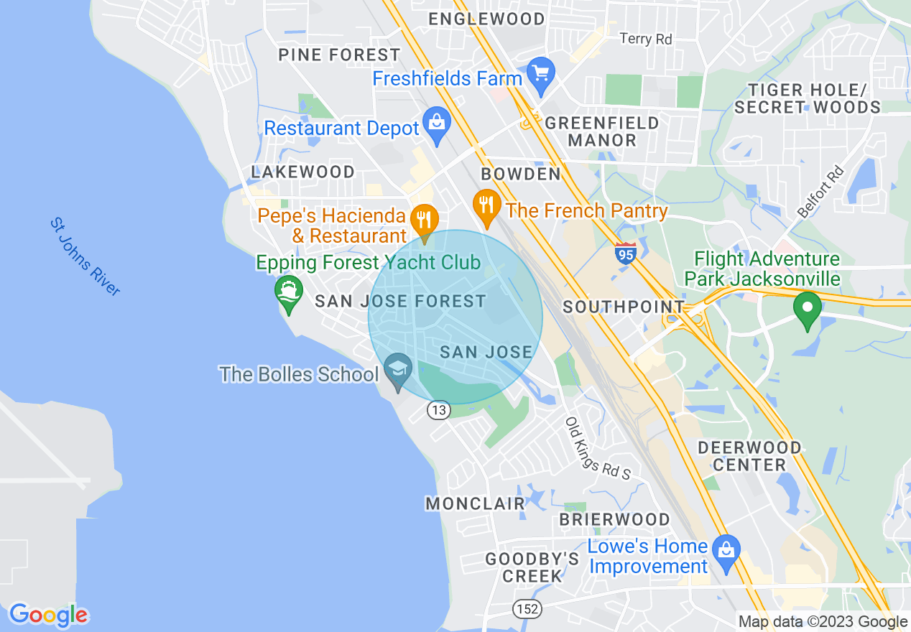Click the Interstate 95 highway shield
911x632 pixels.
point(626,254)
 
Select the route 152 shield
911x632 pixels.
point(527,609)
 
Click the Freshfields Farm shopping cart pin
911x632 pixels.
point(541,74)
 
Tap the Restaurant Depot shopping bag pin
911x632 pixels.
point(436,124)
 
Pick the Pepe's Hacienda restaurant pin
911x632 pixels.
point(424,220)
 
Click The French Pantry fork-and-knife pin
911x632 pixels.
point(486,205)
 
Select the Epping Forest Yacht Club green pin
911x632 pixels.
point(289,293)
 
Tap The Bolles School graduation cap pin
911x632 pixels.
point(397,371)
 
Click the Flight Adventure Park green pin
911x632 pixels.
point(808,310)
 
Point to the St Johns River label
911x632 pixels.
point(85,256)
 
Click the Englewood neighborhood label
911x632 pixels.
point(486,19)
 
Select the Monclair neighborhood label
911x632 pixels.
point(476,503)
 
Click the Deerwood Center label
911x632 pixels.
point(750,456)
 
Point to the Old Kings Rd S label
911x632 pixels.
point(596,449)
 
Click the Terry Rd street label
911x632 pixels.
point(645,39)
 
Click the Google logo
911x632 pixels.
point(48,615)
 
